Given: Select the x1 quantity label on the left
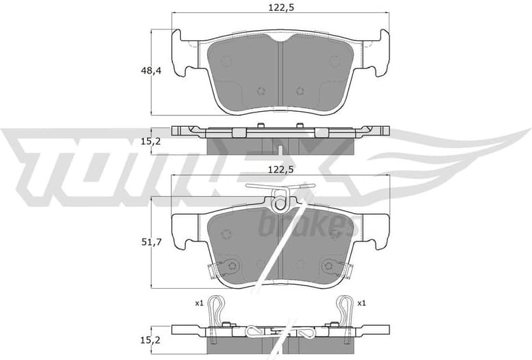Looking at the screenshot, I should click(x=199, y=302).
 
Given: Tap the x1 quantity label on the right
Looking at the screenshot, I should click(x=361, y=302).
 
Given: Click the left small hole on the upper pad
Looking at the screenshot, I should click(x=261, y=91).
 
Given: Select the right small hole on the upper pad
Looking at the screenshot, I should click(x=300, y=91).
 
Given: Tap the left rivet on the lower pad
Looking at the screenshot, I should click(x=232, y=266).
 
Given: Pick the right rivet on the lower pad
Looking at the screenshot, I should click(x=329, y=266).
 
